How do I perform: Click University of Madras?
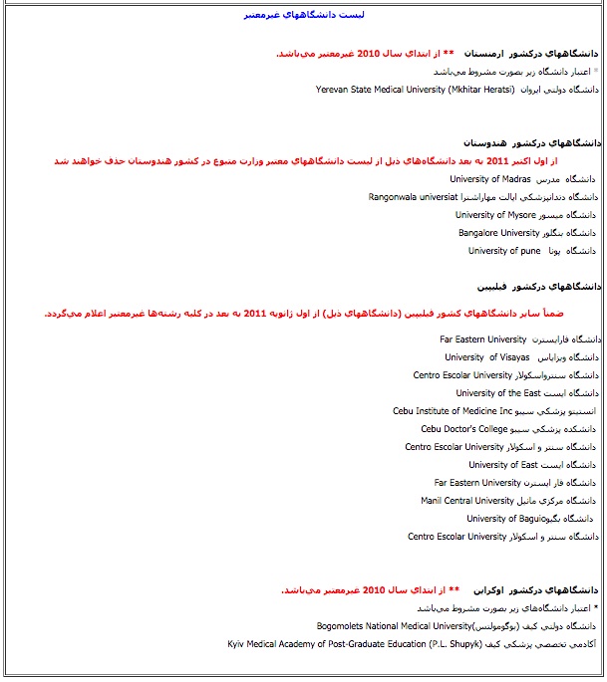coord(489,179)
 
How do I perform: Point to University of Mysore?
coord(496,215)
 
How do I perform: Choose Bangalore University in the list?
coord(498,233)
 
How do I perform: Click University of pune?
coord(504,251)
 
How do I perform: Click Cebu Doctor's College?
coord(464,429)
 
